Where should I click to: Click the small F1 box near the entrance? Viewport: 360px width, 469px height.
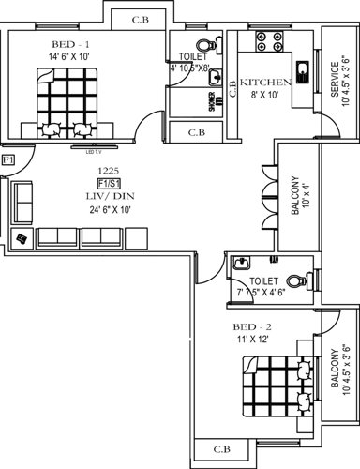click(x=7, y=160)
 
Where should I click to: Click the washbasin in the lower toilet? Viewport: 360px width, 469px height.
click(x=241, y=265)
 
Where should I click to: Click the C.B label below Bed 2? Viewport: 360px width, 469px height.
click(x=222, y=449)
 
